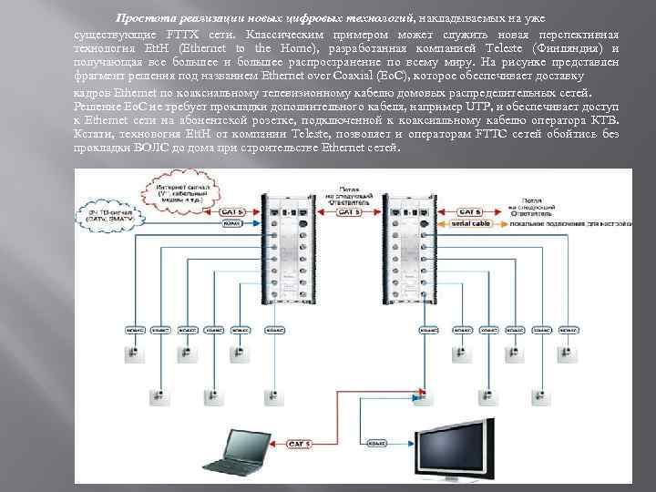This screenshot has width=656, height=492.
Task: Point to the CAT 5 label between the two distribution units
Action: [347, 212]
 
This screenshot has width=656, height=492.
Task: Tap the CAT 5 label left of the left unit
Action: [233, 212]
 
